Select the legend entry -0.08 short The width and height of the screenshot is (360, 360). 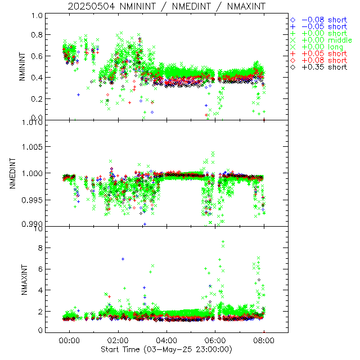[x=324, y=19]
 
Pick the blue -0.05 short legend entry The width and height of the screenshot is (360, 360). [x=324, y=26]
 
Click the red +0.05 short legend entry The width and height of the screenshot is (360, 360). [x=324, y=53]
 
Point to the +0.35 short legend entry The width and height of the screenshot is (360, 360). [x=324, y=67]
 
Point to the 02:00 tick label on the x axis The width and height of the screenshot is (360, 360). [x=118, y=340]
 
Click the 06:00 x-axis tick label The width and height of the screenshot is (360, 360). [x=215, y=340]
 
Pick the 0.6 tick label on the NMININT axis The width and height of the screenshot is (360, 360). [x=38, y=56]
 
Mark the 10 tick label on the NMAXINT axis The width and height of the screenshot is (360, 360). [x=38, y=229]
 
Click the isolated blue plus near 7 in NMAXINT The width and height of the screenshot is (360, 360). [x=123, y=259]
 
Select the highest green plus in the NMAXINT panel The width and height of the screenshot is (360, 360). [x=223, y=241]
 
